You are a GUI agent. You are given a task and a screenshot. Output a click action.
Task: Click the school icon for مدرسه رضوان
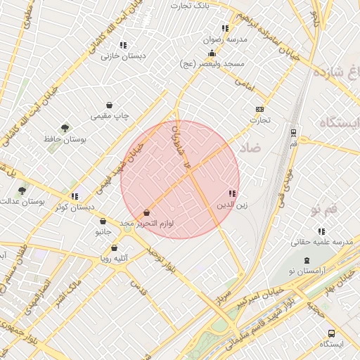coord(225,29)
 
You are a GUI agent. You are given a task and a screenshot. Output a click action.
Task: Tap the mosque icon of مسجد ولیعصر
coord(212,53)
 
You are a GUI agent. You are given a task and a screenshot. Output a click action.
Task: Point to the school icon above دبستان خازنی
coord(124,45)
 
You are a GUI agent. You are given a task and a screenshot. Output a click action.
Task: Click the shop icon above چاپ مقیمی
coord(109,105)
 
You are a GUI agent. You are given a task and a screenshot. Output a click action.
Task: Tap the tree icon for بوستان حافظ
coord(65,128)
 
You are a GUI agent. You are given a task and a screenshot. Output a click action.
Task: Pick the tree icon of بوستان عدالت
coord(22,190)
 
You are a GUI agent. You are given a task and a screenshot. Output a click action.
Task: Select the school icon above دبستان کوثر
coord(75,196)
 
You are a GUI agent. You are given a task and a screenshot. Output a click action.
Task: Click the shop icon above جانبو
coord(103,221)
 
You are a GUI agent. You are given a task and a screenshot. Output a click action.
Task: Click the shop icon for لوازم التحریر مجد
coord(146,212)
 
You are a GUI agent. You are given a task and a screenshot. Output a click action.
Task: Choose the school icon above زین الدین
coord(232,193)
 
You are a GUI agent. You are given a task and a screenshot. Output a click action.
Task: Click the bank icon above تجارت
coord(259,109)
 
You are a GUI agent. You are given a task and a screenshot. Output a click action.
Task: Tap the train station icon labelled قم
coord(292,131)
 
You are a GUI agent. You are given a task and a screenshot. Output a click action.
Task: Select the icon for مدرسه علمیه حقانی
coord(321,231)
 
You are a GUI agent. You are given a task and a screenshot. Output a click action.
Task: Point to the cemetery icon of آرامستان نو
coord(307,260)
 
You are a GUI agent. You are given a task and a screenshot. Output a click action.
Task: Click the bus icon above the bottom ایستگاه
coord(331,333)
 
